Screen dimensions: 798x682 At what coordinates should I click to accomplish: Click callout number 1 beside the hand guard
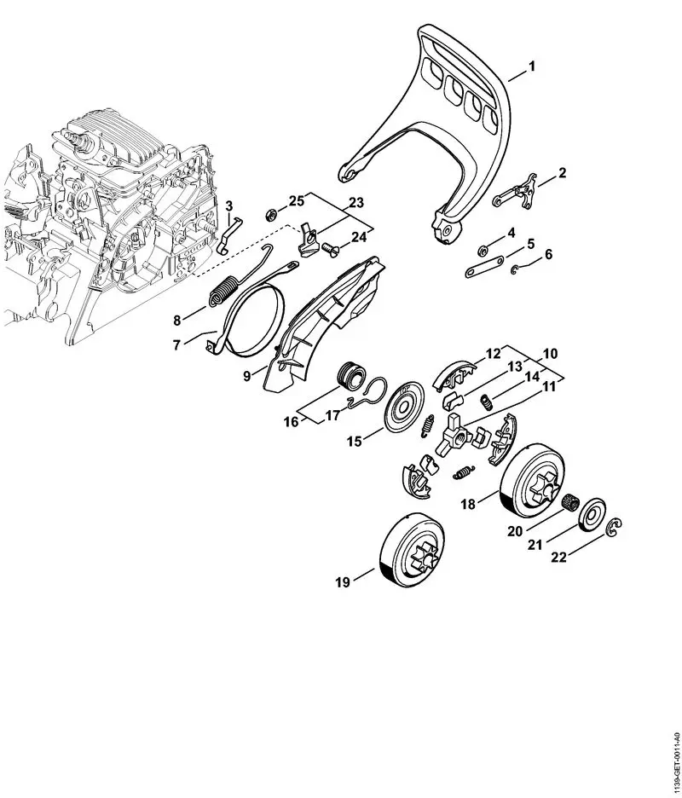click(x=532, y=66)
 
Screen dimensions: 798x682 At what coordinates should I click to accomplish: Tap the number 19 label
click(x=343, y=582)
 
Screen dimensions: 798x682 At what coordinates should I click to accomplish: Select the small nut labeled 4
click(x=482, y=250)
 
